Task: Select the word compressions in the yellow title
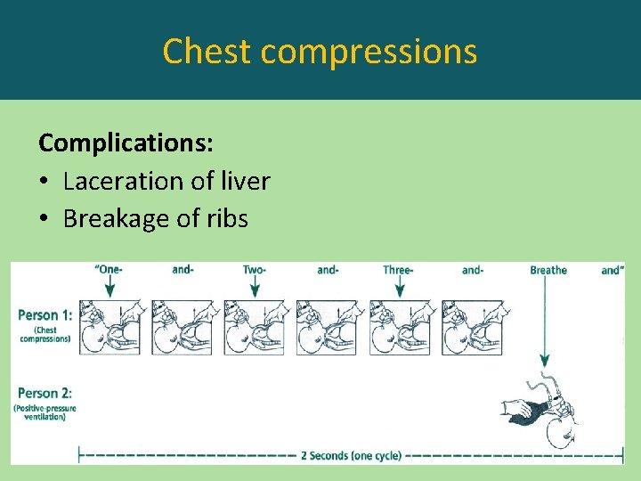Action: tap(369, 53)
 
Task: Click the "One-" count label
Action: tap(110, 269)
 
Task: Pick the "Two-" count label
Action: tap(256, 269)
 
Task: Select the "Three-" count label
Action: tap(399, 269)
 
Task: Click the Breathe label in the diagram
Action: tap(548, 270)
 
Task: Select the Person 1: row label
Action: tap(45, 314)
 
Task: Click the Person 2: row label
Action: tap(45, 392)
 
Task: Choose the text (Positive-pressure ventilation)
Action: tap(45, 412)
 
